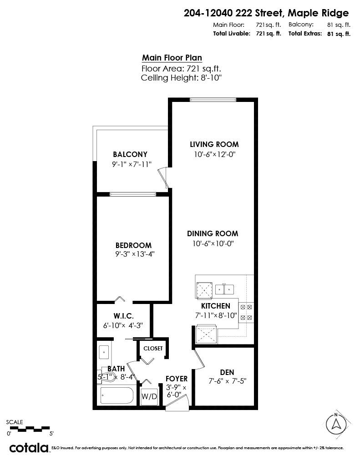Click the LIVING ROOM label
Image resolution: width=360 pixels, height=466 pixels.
pos(214,144)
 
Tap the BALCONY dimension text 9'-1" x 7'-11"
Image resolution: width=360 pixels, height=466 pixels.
pos(131,165)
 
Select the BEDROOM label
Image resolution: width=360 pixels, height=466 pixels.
pos(133,245)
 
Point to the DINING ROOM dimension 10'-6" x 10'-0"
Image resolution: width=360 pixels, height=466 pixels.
pos(213,243)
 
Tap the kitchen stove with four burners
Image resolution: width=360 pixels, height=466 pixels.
pos(246,312)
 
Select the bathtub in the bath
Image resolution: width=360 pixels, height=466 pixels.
pos(117,396)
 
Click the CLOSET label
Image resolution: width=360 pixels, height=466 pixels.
pos(153,348)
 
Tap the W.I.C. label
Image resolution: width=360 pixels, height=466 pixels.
pos(123,316)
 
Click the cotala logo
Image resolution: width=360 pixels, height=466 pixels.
pos(29,448)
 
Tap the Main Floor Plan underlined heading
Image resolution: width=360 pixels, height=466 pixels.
pos(172,58)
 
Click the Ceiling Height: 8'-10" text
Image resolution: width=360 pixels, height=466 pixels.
pos(181,78)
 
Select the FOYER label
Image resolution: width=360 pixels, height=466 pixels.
pos(176,379)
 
